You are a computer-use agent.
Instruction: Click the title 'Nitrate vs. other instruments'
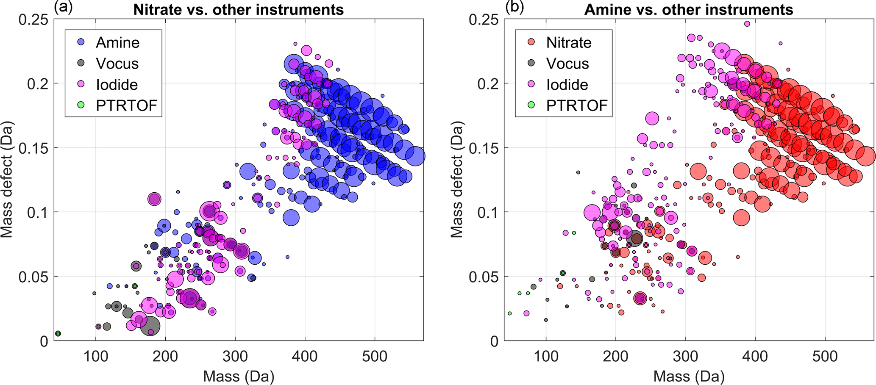(x=238, y=9)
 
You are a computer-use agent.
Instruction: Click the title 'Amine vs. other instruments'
(x=688, y=9)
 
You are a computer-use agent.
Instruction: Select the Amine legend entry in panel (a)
(x=117, y=42)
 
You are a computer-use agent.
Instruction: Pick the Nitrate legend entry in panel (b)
(x=568, y=42)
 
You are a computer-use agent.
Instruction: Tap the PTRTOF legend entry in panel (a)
(x=126, y=105)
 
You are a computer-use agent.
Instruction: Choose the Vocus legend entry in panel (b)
(x=567, y=64)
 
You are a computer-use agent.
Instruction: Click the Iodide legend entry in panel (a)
(x=117, y=84)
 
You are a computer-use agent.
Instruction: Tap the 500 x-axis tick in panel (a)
(x=375, y=356)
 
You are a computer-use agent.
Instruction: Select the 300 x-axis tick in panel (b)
(x=686, y=356)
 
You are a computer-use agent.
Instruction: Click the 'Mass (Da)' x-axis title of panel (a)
(x=239, y=376)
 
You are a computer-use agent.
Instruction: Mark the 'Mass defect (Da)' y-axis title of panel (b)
(x=456, y=180)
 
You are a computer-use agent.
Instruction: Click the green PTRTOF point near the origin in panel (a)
(x=58, y=334)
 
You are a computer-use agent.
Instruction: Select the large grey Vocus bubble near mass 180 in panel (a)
(x=150, y=326)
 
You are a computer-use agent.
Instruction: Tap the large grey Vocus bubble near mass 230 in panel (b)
(x=636, y=238)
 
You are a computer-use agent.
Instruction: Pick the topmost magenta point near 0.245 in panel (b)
(x=747, y=24)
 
